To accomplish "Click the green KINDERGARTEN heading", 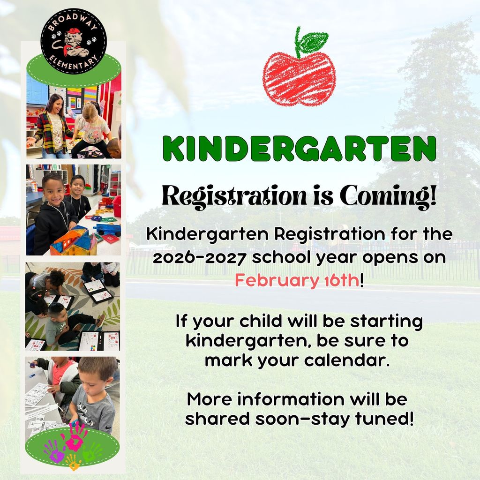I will pyautogui.click(x=300, y=150).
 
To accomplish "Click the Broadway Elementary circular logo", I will pyautogui.click(x=74, y=42).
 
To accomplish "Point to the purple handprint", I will pyautogui.click(x=54, y=450).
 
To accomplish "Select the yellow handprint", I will pyautogui.click(x=73, y=462).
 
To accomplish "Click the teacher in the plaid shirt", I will pyautogui.click(x=53, y=126).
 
